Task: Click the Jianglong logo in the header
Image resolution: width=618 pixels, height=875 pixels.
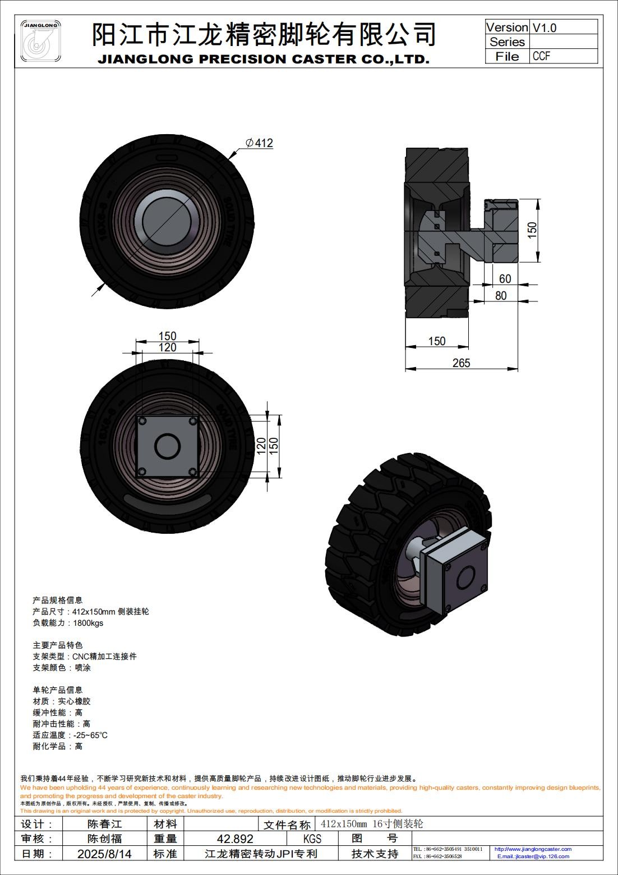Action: tap(41, 41)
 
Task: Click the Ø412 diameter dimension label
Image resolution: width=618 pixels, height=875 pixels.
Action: tap(260, 143)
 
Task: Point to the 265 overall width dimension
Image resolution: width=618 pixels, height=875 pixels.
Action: tap(461, 363)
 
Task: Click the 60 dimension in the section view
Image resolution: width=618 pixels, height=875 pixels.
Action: tap(505, 279)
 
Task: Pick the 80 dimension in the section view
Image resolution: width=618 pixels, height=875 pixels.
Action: tap(501, 295)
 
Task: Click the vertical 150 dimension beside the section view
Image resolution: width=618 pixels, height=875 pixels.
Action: tap(532, 230)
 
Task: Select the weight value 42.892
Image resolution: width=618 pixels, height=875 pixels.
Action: tap(235, 839)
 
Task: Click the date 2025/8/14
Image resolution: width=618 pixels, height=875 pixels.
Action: tap(105, 854)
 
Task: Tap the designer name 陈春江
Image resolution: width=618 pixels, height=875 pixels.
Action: tap(105, 824)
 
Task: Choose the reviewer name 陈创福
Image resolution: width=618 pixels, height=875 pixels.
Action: tap(105, 839)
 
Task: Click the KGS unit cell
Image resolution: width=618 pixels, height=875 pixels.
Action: tap(312, 839)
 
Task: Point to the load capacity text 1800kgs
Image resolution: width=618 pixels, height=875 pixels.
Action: tap(88, 622)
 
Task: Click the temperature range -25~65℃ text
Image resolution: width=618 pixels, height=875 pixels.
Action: tap(90, 735)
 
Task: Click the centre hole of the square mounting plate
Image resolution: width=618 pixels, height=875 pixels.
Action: tap(168, 447)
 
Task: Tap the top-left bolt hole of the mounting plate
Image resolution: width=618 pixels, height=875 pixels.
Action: tap(143, 421)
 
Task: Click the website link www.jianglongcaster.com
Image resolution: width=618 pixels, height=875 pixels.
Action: tap(533, 849)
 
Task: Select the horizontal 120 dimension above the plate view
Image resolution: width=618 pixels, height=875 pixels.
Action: tap(167, 347)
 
